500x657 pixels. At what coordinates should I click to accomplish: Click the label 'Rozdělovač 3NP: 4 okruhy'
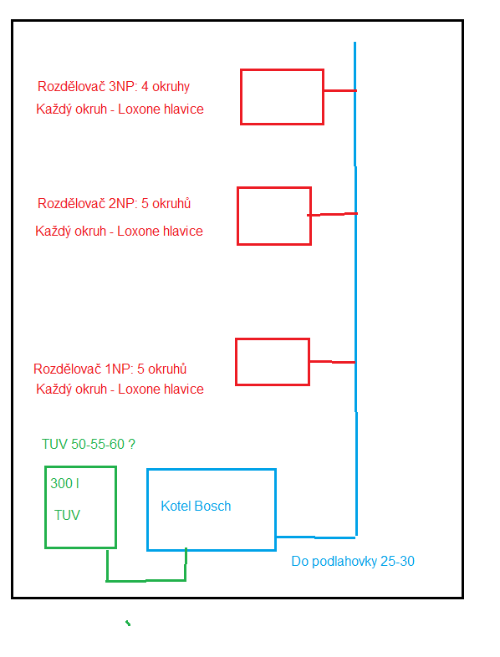coord(114,86)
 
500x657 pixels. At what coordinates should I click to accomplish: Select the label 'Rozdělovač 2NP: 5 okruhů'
coord(114,203)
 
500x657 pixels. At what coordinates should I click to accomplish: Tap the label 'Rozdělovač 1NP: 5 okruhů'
coord(110,369)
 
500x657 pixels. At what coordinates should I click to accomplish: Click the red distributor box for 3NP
coord(241,97)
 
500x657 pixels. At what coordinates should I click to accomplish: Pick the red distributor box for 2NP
coord(237,216)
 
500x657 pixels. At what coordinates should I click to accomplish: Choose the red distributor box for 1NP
coord(236,362)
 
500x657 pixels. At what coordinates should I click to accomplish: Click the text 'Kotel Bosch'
coord(196,507)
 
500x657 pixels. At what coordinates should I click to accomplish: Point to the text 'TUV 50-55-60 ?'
coord(89,444)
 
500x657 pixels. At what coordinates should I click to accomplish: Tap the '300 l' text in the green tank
coord(64,483)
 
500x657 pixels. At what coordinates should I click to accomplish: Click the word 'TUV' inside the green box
coord(67,515)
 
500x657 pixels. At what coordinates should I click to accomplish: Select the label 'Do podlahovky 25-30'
coord(353,561)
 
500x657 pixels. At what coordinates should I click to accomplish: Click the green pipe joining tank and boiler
coord(145,581)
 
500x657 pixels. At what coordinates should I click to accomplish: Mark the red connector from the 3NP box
coord(340,90)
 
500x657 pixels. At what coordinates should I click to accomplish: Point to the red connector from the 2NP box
coord(332,215)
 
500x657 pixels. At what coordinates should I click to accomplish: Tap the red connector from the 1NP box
coord(332,362)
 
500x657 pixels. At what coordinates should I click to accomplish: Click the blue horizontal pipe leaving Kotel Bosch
coord(316,537)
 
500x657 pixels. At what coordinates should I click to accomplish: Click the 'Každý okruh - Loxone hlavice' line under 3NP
coord(120,109)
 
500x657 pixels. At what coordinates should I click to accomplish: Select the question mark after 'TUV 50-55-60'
coord(131,444)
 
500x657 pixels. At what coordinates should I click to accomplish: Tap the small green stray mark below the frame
coord(128,624)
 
